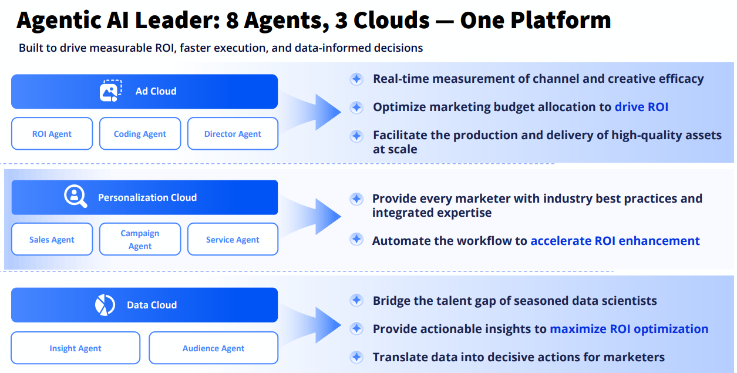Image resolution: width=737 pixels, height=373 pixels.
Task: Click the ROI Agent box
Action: tap(52, 134)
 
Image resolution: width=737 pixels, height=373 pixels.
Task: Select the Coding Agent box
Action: tap(140, 134)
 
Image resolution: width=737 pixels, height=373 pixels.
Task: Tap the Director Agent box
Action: tap(233, 134)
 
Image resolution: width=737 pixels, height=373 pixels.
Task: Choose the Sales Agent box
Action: tap(52, 240)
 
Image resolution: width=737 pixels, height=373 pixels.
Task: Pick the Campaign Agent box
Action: tap(140, 240)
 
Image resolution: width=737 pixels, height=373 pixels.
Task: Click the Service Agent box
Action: tap(233, 240)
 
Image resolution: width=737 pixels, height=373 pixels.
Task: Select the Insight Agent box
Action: tap(75, 348)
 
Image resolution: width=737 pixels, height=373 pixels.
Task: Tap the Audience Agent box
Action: tap(213, 348)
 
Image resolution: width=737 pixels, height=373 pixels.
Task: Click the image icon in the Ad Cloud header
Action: tap(110, 90)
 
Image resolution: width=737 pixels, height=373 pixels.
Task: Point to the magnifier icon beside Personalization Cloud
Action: tap(75, 197)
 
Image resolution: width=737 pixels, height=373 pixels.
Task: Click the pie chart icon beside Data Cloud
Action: tap(105, 305)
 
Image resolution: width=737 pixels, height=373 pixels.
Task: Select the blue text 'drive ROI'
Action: tap(641, 107)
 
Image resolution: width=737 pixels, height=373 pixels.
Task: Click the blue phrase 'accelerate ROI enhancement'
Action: tap(615, 241)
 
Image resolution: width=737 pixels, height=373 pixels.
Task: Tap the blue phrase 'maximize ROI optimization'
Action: tap(629, 329)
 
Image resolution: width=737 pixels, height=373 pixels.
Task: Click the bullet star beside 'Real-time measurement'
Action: tap(356, 79)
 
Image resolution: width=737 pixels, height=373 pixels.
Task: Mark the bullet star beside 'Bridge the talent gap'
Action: tap(356, 301)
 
